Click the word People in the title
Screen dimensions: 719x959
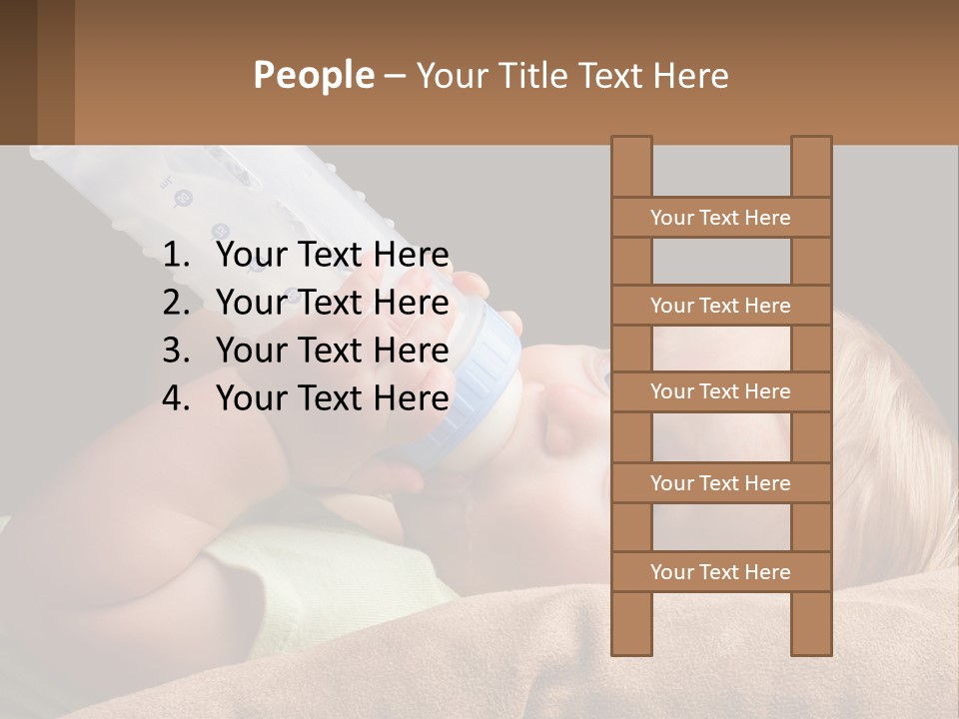pyautogui.click(x=313, y=76)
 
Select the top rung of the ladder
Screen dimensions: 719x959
pyautogui.click(x=720, y=218)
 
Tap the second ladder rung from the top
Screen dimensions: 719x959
pyautogui.click(x=720, y=306)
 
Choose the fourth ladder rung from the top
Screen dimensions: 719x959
pyautogui.click(x=720, y=483)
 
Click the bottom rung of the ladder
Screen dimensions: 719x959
pyautogui.click(x=720, y=572)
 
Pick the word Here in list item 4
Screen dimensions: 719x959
pyautogui.click(x=411, y=399)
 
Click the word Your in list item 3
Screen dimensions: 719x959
pyautogui.click(x=251, y=352)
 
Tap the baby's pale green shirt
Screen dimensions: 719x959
pyautogui.click(x=330, y=569)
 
